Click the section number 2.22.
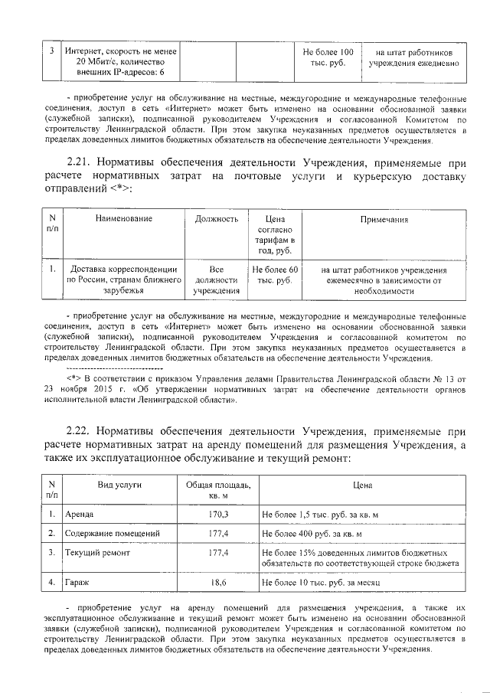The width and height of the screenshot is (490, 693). coord(82,433)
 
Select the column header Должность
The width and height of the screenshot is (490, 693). coord(215,220)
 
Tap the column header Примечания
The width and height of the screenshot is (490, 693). coord(384,220)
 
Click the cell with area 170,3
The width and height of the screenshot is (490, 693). coord(219,515)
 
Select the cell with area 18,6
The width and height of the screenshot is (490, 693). coord(219,583)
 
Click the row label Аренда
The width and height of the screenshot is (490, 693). coord(80,515)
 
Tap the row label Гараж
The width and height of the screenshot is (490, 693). coord(77,583)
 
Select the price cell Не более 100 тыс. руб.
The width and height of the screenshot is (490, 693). coord(328,57)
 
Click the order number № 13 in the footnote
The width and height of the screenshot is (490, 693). coord(444,378)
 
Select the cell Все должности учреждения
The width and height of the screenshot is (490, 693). coord(216,280)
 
